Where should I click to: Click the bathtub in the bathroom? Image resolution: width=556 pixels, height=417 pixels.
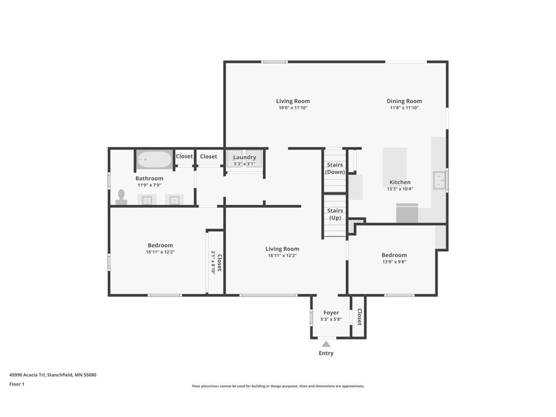tap(154, 160)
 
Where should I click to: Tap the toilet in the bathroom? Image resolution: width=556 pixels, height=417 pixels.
tap(121, 197)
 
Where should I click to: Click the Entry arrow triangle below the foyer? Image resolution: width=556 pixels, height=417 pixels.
tap(326, 344)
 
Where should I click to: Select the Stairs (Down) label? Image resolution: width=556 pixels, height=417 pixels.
tap(335, 168)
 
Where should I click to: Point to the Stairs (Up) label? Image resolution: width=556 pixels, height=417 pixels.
tap(335, 214)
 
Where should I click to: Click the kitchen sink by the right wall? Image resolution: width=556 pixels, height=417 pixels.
tap(440, 180)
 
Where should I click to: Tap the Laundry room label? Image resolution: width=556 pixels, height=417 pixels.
tap(245, 157)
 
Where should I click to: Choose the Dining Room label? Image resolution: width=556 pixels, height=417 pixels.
tap(404, 101)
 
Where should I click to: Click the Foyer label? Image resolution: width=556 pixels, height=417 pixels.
tap(331, 313)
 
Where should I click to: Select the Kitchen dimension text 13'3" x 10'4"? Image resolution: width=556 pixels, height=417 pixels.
tap(400, 189)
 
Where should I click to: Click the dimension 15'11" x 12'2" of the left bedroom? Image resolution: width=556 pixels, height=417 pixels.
tap(160, 252)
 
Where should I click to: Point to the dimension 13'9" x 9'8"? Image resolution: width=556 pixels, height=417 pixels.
tap(394, 262)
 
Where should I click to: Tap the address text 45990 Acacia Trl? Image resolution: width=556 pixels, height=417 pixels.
tap(27, 375)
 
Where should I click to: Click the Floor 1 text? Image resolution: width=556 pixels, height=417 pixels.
tap(17, 384)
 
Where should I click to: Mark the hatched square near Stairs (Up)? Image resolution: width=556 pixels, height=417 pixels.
tap(351, 228)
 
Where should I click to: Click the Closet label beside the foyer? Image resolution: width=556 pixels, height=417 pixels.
tap(359, 317)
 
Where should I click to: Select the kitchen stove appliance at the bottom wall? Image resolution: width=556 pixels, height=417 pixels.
tap(407, 213)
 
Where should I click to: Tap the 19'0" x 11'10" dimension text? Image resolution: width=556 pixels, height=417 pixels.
tap(293, 108)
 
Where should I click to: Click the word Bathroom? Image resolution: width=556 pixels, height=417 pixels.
tap(149, 178)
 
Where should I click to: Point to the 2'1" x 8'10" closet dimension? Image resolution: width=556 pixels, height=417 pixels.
tap(213, 263)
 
